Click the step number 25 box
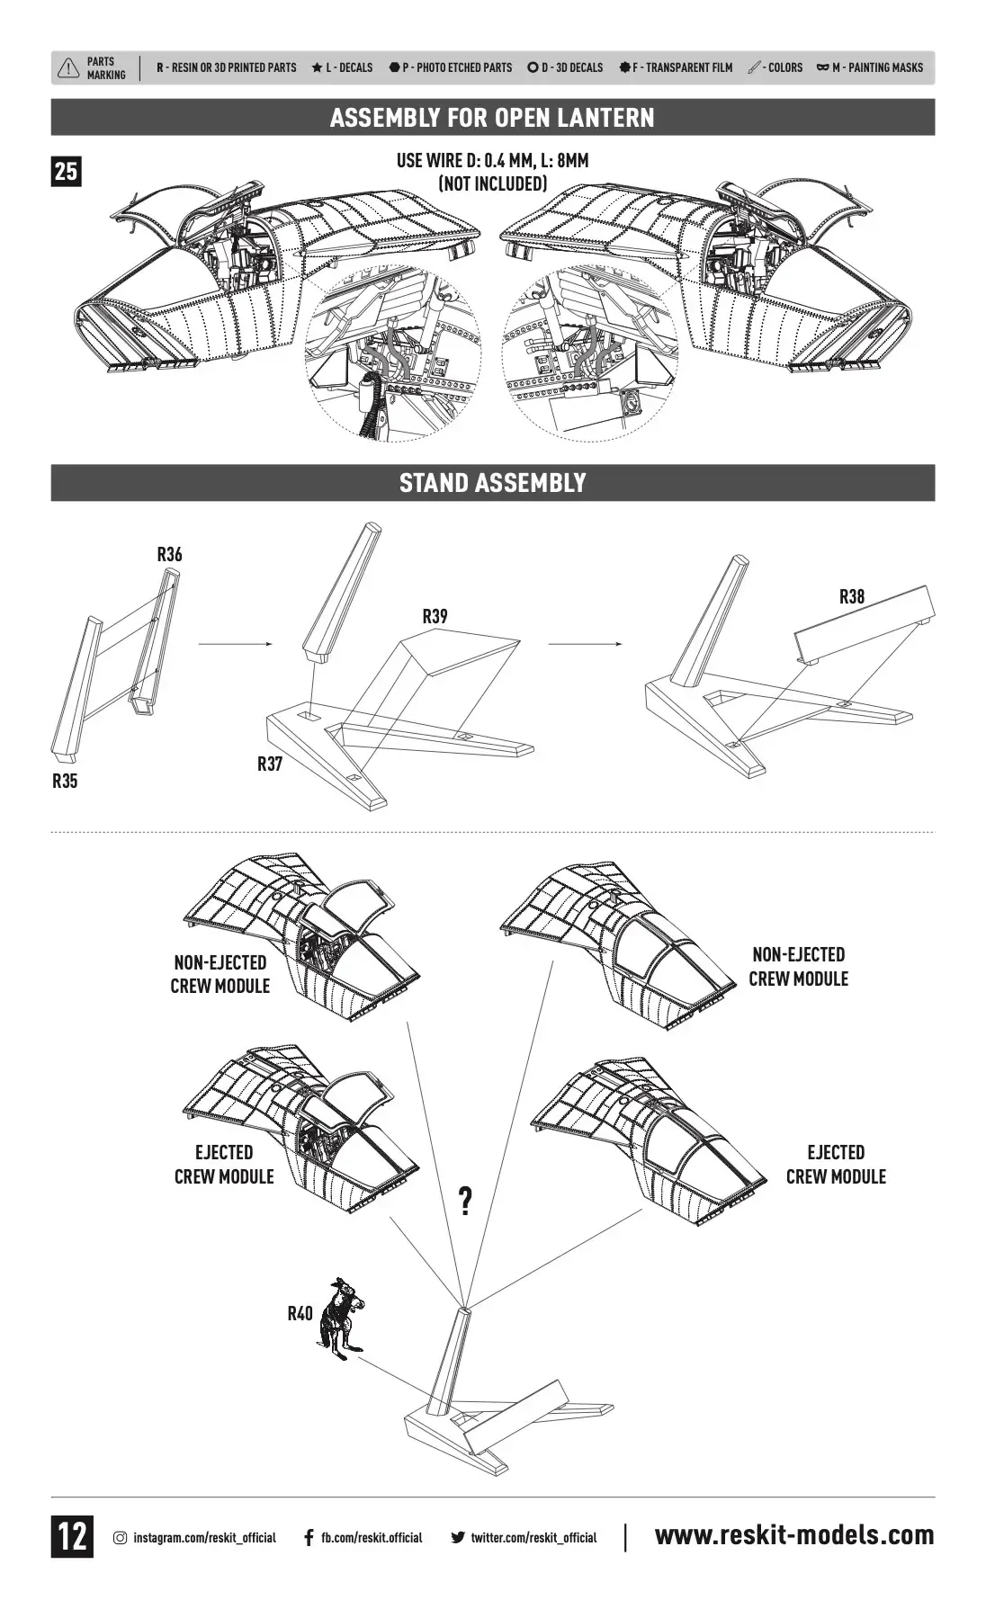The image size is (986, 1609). pos(66,171)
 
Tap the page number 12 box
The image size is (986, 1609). pos(72,1536)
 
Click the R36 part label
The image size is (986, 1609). pos(169,554)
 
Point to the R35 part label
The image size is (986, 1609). pos(65,781)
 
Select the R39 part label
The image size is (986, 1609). pos(435,616)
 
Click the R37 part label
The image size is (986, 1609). pos(270,764)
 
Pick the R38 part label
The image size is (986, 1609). pos(851,596)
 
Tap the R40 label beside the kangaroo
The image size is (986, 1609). pos(300,1313)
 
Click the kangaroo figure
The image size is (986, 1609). pos(340,1318)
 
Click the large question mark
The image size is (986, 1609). pos(465,1200)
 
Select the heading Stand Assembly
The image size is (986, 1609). pos(492,483)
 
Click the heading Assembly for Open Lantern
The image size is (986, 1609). pos(492,118)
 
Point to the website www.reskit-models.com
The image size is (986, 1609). pos(794,1535)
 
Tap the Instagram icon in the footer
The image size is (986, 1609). pos(120,1537)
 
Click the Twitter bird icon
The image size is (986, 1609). pos(458,1537)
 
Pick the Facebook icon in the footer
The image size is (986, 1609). pos(309,1537)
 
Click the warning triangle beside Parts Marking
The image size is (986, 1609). pos(68,68)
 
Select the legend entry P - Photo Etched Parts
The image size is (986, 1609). pos(451,67)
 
